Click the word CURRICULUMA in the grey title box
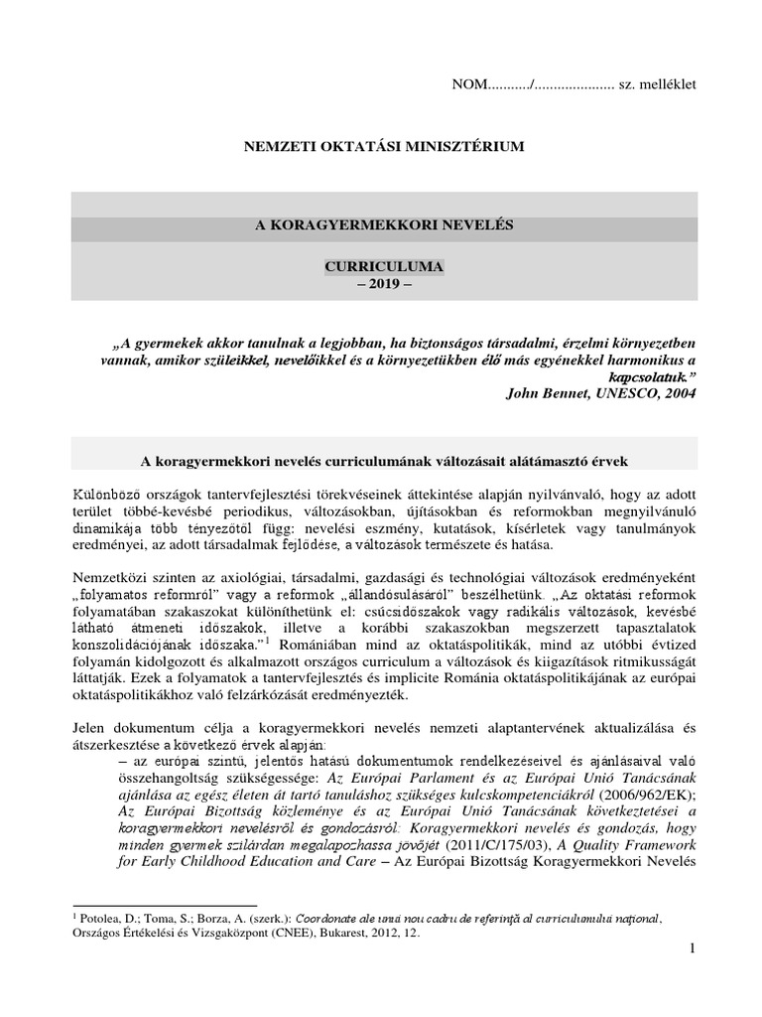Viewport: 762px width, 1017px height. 382,267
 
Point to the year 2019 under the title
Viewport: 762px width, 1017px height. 382,283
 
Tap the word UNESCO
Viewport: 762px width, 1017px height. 622,392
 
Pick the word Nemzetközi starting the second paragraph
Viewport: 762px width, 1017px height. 110,579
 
